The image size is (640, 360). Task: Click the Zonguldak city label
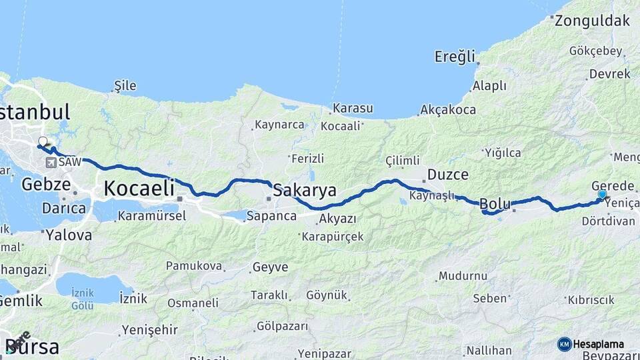(x=591, y=20)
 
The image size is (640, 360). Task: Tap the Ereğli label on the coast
(x=455, y=56)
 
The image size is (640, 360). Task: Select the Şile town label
(x=125, y=85)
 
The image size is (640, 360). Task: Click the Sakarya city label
(x=305, y=189)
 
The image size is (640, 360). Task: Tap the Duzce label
(x=447, y=175)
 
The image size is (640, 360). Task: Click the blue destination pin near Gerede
(x=602, y=195)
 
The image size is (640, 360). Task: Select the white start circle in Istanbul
(x=43, y=141)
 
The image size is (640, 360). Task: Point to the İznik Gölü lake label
(x=82, y=300)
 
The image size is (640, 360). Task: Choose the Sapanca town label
(x=271, y=216)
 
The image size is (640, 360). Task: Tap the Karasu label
(x=353, y=108)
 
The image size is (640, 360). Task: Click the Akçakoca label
(x=449, y=109)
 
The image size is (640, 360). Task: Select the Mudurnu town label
(x=463, y=275)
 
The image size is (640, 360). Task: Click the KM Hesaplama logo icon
(x=564, y=344)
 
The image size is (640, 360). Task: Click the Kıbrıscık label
(x=591, y=300)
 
